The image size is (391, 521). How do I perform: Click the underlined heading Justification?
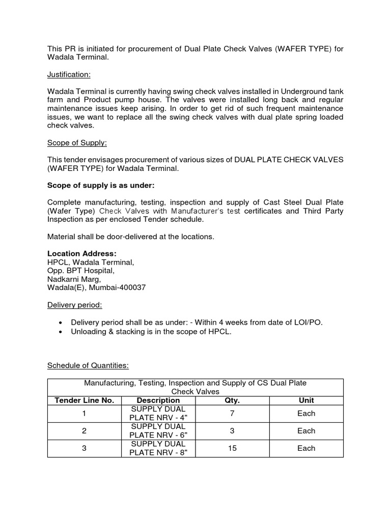point(69,75)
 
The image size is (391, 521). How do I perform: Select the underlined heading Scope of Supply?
point(77,143)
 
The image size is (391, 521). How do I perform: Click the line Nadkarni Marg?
point(74,279)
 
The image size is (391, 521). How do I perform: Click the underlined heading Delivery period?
point(74,305)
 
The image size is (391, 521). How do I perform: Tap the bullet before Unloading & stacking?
point(61,332)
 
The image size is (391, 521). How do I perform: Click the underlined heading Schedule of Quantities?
point(88,365)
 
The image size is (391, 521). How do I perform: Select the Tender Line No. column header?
point(84,400)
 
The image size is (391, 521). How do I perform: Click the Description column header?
point(158,400)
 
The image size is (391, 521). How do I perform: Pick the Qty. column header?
point(232,400)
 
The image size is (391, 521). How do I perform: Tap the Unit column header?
point(306,400)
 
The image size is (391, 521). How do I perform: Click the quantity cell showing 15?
point(232,448)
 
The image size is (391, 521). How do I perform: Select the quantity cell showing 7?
point(232,414)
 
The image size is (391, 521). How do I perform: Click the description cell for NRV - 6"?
point(158,431)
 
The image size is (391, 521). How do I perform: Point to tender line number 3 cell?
point(84,448)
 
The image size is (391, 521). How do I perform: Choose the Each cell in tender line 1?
point(306,414)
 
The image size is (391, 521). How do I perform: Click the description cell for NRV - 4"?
point(158,414)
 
